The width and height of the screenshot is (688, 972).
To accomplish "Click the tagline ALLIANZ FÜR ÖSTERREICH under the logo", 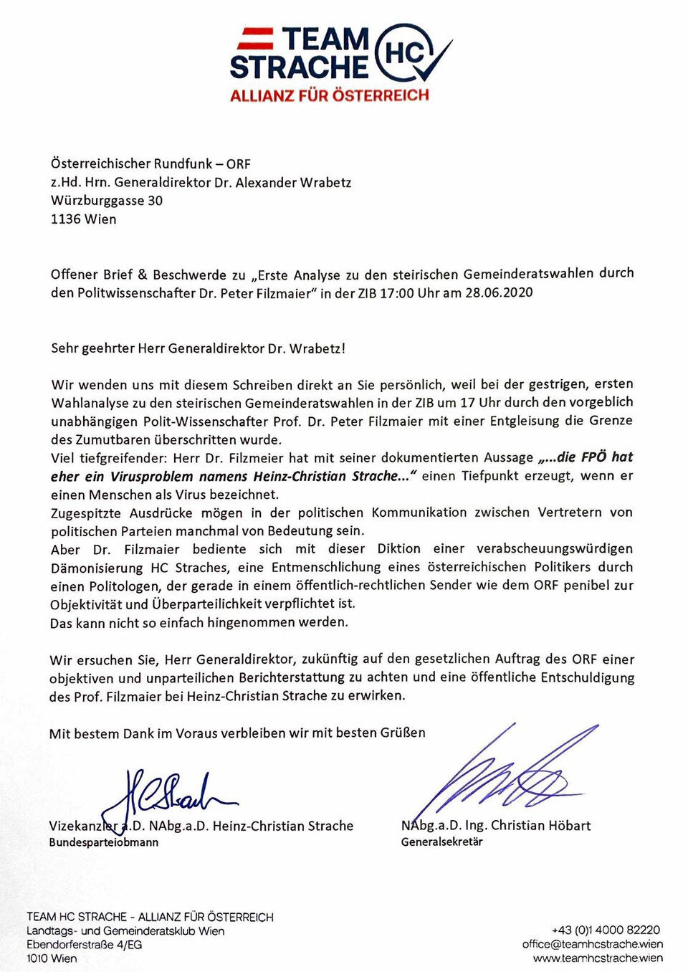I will (x=329, y=95).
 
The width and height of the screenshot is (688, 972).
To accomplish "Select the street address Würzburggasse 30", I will (x=106, y=201).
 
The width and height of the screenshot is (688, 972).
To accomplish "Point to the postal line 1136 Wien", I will (x=83, y=219).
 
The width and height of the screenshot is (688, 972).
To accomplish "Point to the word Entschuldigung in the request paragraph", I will (x=587, y=677).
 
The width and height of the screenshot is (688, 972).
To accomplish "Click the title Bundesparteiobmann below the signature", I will (x=103, y=842).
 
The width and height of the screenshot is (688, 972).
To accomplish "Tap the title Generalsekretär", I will (x=441, y=842).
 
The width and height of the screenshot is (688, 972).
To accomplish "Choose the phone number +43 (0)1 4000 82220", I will (x=606, y=930).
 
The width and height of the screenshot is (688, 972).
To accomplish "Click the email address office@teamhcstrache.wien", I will (x=592, y=944).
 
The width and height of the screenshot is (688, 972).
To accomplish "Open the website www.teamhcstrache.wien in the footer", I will (x=598, y=958).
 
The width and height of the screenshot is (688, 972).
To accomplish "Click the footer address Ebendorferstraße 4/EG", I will (x=84, y=945).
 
